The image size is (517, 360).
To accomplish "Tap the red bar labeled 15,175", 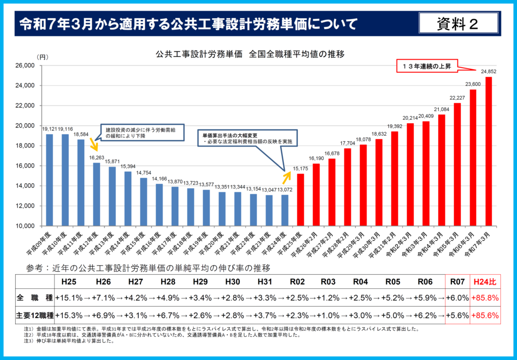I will click(x=300, y=199).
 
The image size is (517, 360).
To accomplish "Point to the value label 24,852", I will click(x=488, y=71).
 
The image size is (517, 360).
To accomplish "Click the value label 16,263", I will click(x=96, y=158).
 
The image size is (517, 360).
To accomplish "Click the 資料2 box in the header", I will click(x=458, y=23).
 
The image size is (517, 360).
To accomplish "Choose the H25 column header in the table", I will click(x=69, y=281).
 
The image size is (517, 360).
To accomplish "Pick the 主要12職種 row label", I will click(x=34, y=315).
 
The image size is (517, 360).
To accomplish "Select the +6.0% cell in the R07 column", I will click(x=457, y=298).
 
